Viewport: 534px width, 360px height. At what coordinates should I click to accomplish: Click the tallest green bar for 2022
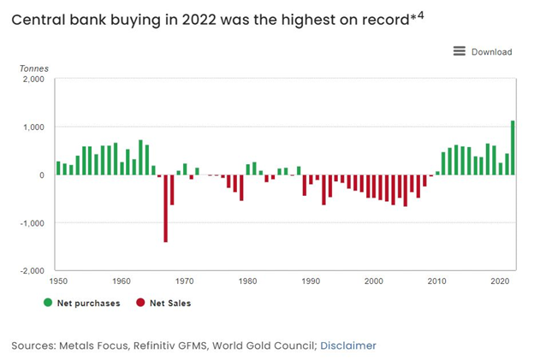click(513, 148)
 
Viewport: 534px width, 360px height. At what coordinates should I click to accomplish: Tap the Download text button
click(491, 52)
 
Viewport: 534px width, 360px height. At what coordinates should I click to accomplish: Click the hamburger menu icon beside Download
click(460, 51)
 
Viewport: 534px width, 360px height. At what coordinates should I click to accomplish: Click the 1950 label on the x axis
click(58, 280)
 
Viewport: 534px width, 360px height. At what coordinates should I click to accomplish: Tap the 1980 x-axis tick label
click(248, 280)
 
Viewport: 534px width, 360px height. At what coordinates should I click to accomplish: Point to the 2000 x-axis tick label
click(374, 280)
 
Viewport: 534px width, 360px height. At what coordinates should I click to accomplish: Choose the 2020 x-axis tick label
click(500, 280)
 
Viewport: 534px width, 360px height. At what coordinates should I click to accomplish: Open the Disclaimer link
click(348, 345)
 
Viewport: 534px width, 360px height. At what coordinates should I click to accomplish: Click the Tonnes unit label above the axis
click(34, 68)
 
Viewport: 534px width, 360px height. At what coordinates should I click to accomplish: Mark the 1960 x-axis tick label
click(122, 280)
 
